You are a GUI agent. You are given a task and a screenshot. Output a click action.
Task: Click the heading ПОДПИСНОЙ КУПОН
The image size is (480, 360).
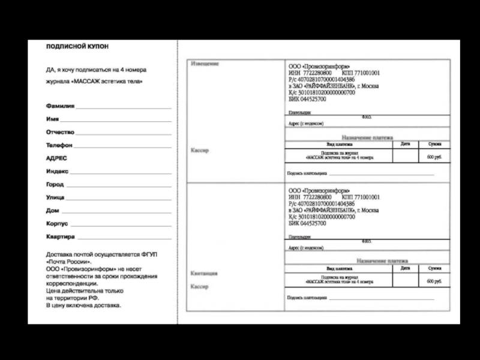[78, 46]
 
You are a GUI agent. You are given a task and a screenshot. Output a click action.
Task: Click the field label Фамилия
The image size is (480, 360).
[60, 106]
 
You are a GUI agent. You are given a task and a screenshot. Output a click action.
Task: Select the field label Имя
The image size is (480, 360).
[52, 119]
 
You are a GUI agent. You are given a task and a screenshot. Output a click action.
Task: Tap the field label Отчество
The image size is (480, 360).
[60, 132]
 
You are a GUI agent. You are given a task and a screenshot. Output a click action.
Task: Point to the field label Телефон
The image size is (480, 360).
[59, 145]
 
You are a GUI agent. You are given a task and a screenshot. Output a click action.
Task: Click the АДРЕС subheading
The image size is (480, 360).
[56, 158]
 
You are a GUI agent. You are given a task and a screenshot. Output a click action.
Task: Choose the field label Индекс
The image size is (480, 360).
[58, 171]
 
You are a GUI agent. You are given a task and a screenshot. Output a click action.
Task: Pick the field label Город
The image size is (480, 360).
[55, 184]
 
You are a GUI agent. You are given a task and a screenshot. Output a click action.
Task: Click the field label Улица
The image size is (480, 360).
[56, 197]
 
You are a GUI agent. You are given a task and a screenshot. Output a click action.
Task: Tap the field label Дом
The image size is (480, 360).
[52, 211]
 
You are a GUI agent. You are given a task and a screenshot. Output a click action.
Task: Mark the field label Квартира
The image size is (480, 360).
[61, 237]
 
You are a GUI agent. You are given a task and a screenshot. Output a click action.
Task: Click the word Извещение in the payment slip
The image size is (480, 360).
[204, 64]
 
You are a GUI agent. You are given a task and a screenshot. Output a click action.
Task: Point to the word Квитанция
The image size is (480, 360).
[204, 274]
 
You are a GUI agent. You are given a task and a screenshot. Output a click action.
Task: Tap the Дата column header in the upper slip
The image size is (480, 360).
[405, 144]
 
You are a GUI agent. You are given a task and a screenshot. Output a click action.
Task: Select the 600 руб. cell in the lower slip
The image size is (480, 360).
[434, 281]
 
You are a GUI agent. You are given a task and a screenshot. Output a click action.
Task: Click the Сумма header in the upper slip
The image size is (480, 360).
[434, 144]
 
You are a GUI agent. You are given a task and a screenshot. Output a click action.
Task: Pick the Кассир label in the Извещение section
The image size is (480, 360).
[199, 151]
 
